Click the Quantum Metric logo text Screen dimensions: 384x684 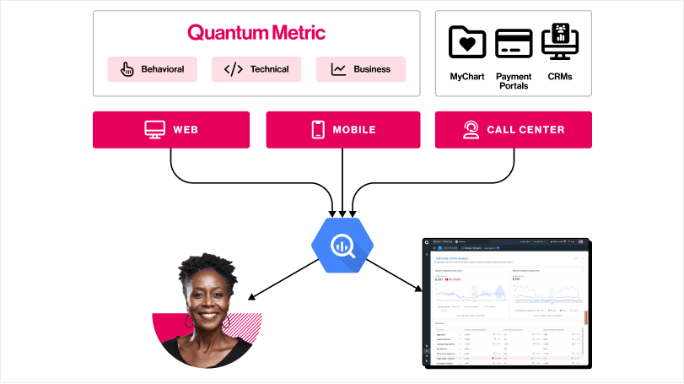[x=256, y=33]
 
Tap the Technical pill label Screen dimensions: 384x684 [x=269, y=69]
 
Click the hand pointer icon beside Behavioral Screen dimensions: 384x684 [x=128, y=69]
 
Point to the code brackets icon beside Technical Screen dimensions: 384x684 [x=233, y=69]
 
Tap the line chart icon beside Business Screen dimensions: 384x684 [x=338, y=69]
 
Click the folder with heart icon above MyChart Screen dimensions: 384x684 [x=467, y=42]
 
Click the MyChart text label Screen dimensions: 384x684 [x=467, y=77]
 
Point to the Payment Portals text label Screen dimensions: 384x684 [x=514, y=82]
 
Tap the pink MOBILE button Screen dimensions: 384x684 [x=342, y=130]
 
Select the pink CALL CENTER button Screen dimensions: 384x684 [x=513, y=130]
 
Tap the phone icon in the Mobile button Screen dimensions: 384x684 [x=318, y=130]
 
